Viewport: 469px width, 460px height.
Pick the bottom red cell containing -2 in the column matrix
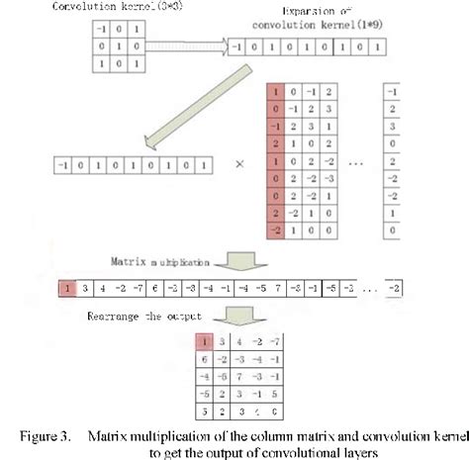coord(275,228)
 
